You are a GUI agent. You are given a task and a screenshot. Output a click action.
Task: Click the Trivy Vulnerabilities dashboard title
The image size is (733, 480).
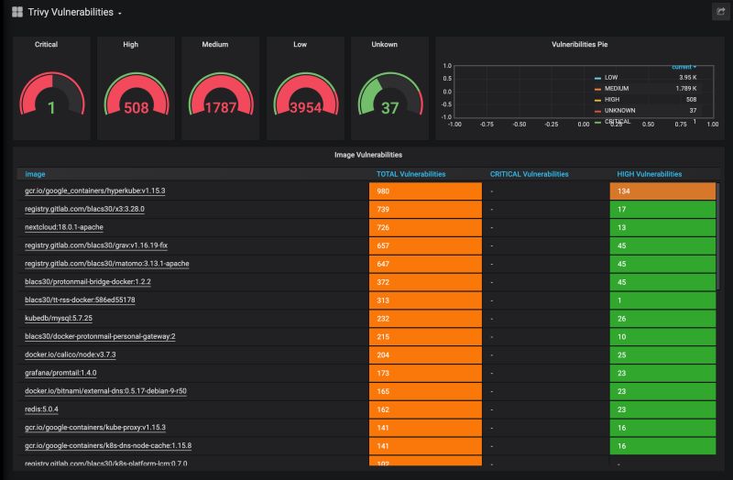(x=71, y=13)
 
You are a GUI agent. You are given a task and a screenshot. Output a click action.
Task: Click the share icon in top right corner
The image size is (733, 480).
(x=719, y=12)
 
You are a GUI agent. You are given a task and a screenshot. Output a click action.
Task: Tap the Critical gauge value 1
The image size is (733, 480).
(x=51, y=108)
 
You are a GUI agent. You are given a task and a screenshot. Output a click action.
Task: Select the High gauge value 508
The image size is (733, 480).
(x=136, y=108)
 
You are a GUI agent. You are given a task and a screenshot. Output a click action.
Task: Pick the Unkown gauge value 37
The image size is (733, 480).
(x=390, y=108)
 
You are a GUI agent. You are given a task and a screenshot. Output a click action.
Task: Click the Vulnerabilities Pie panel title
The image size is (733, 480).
(x=579, y=44)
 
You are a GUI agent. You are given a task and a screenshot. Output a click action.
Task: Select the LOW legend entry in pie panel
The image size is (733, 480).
(x=611, y=77)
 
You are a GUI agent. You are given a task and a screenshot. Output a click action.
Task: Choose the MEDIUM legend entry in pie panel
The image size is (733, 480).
(x=617, y=88)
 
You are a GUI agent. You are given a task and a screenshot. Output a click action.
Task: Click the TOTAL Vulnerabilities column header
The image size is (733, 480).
(x=411, y=173)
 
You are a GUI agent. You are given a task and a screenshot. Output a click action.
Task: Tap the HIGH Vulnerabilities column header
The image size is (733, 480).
(x=650, y=173)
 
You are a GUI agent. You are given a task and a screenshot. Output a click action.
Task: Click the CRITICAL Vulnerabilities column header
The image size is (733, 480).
(x=529, y=173)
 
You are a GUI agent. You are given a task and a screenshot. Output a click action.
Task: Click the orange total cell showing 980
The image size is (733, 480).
(x=425, y=191)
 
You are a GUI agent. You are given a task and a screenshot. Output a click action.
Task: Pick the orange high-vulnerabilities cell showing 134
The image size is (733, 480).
(x=662, y=191)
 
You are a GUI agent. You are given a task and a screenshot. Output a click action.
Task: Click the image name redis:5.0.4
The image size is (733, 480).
(x=41, y=409)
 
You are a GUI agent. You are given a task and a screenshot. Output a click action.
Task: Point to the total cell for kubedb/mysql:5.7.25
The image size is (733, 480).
(x=425, y=318)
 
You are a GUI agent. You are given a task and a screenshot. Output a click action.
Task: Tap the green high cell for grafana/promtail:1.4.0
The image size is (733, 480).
(x=662, y=373)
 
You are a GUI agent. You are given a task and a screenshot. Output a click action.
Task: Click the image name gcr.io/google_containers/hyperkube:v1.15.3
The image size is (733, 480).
(x=94, y=191)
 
